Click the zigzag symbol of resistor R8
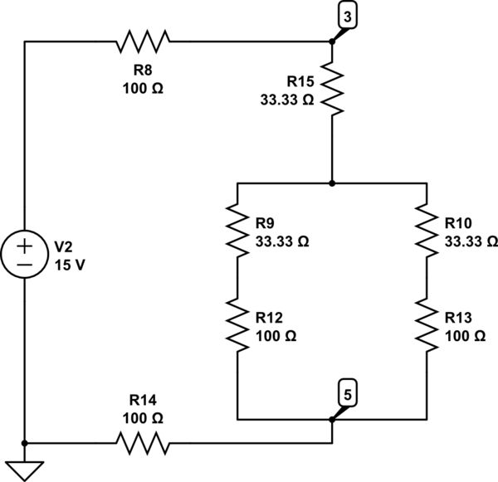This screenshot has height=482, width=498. pos(144,40)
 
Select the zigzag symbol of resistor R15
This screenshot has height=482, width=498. pos(332,91)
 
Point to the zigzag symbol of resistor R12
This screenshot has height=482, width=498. pos(238,327)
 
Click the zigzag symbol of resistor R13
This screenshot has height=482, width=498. pos(426,327)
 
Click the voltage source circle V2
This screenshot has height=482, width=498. pos(26,256)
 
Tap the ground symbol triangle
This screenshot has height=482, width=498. pos(26,470)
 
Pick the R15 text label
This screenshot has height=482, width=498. pos(300,81)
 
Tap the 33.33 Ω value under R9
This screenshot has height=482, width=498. pos(282,241)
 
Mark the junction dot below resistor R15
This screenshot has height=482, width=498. pos(332,182)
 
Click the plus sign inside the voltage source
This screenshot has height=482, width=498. pos(26,246)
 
